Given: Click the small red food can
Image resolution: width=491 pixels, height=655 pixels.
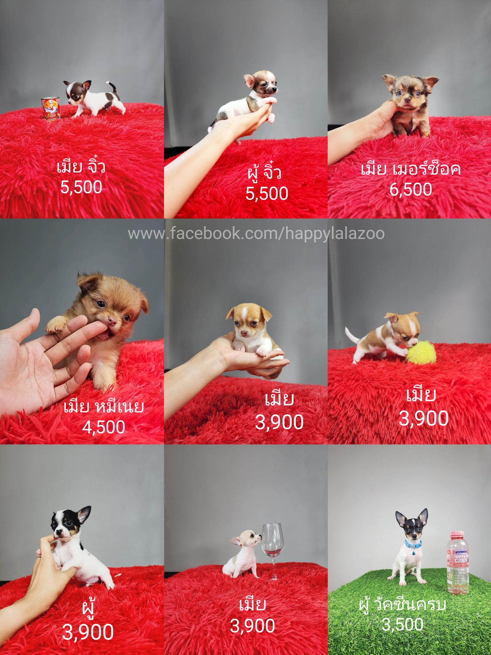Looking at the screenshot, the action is coord(51,108).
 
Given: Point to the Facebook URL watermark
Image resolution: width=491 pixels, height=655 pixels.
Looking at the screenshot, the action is coord(256,234).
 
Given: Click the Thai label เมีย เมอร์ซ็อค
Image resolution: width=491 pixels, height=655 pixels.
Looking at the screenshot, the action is coord(411,169).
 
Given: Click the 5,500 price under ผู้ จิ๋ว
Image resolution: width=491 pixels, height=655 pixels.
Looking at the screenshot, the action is coord(267,193).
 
